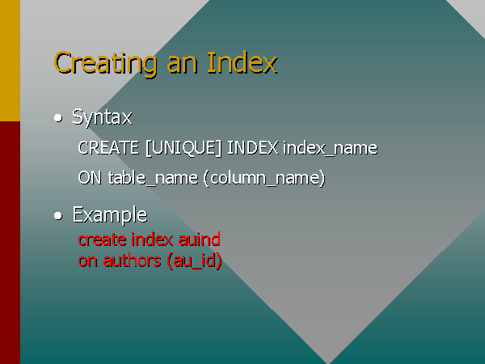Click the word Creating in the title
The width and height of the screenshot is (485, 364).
(105, 64)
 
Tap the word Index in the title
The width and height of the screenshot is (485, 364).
(242, 62)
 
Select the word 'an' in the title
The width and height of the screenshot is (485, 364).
(182, 66)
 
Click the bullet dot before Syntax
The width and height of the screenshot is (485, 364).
(58, 118)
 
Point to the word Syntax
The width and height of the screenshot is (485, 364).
(102, 118)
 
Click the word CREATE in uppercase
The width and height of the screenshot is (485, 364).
(108, 148)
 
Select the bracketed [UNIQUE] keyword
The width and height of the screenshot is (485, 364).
(183, 148)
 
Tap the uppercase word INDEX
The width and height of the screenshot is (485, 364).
(253, 148)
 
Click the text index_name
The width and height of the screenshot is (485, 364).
(330, 148)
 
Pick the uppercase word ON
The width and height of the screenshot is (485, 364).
(90, 178)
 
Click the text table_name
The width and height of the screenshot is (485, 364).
(153, 178)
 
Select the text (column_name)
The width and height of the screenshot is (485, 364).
(264, 178)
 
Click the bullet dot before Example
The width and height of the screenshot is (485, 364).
(58, 216)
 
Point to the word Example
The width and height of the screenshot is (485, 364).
(110, 215)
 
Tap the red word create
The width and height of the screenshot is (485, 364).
(103, 240)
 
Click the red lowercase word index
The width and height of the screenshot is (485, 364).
(152, 239)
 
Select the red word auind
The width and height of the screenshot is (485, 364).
(200, 239)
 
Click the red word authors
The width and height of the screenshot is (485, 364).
(132, 260)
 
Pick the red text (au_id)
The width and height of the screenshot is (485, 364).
(194, 261)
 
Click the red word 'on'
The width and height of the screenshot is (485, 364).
(88, 261)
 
